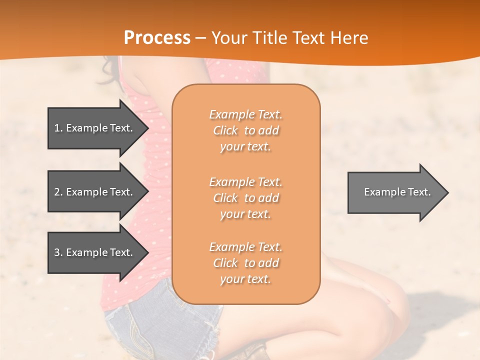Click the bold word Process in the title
point(157,38)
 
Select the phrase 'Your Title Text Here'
point(289,38)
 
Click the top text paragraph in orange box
point(245,130)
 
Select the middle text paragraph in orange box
point(245,198)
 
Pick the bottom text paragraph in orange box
point(245,263)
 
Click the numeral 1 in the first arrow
point(57,128)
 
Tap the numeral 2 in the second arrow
point(57,192)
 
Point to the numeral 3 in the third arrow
point(57,252)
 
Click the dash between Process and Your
point(201,38)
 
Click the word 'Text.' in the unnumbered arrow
point(419,192)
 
